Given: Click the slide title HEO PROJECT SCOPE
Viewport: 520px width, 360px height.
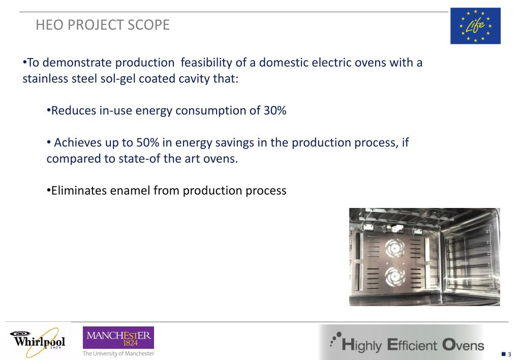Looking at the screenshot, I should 103,25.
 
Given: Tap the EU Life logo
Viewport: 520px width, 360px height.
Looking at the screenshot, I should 475,26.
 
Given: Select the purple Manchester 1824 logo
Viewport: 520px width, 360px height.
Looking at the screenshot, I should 118,338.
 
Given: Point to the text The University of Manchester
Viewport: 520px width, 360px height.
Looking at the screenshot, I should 118,353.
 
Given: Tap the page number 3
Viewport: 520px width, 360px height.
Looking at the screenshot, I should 509,354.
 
